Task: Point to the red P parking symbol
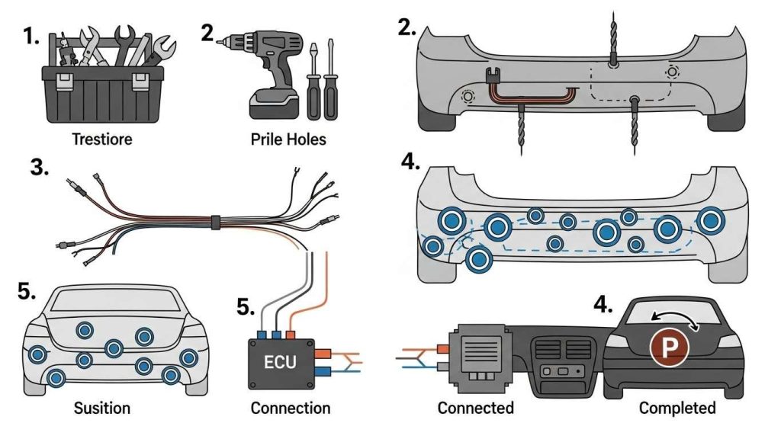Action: click(669, 349)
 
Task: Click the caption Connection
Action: click(291, 409)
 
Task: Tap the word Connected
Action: click(476, 409)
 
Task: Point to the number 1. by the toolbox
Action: click(31, 37)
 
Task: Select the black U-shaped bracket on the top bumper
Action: click(493, 75)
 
